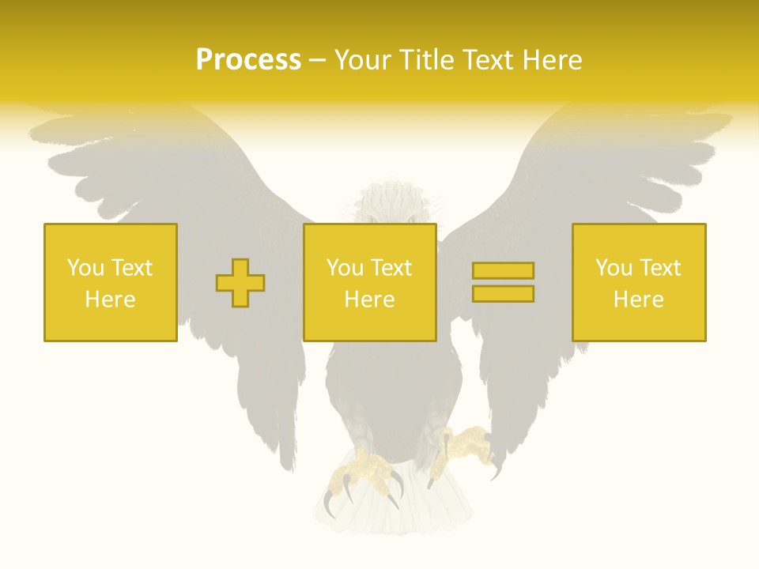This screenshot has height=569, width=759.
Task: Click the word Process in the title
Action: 248,60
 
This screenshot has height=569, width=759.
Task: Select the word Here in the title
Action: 551,60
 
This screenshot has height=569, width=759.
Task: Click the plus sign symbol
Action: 240,283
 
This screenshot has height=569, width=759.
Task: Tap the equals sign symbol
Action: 503,282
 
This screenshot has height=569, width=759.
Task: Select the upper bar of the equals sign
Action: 503,271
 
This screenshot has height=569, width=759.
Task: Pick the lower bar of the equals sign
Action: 503,294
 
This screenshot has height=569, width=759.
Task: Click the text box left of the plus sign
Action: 111,282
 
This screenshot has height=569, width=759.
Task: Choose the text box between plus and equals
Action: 370,282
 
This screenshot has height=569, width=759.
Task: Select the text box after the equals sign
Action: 639,282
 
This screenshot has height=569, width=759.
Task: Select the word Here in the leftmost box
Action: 111,300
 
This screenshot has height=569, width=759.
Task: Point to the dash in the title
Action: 318,60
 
